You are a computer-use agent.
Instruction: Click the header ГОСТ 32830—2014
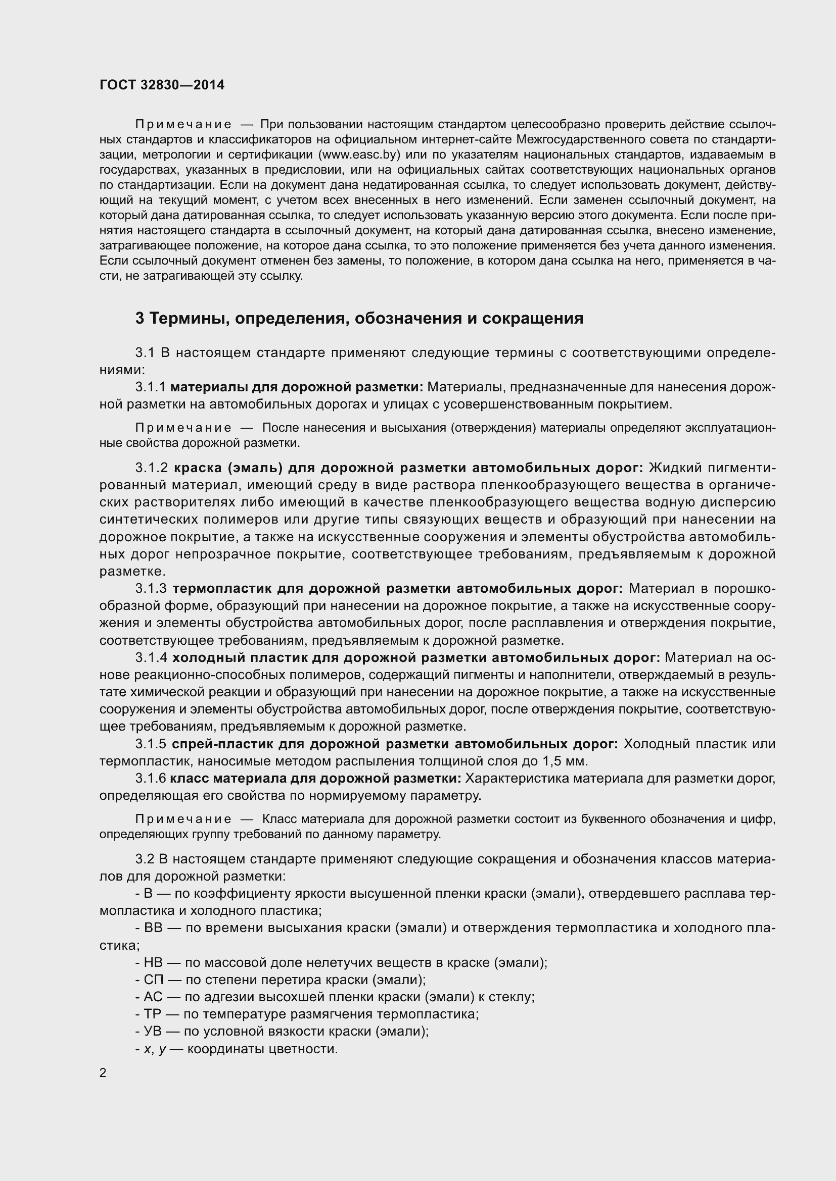click(162, 85)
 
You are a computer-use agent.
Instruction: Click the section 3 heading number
click(140, 319)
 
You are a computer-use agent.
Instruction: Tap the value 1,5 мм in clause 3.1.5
click(564, 761)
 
